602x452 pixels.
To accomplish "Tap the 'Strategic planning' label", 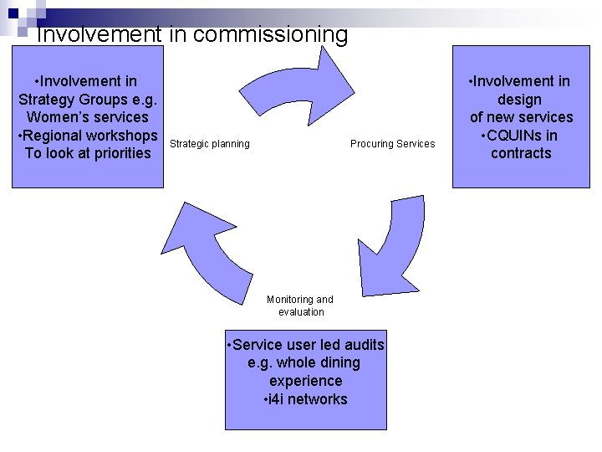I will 209,144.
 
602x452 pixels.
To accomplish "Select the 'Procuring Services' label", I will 392,144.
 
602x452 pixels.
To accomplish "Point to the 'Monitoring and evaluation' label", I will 300,306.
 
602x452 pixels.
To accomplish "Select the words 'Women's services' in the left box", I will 87,117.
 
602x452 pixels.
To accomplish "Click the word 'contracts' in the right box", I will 521,153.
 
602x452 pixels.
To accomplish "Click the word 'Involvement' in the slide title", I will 98,34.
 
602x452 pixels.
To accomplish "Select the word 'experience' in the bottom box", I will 305,381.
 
